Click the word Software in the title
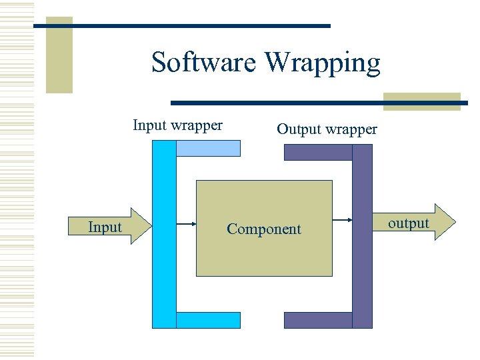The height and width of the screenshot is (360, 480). [205, 62]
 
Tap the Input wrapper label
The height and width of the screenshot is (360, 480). [177, 125]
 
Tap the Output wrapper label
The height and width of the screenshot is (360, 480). [327, 129]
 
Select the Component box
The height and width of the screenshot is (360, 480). [264, 200]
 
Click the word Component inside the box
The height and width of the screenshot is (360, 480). [264, 229]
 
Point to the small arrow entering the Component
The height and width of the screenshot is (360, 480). [186, 225]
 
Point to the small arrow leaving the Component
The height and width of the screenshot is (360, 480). [342, 220]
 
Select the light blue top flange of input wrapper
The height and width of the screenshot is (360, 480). [208, 148]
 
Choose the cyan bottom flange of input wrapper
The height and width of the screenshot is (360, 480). [208, 320]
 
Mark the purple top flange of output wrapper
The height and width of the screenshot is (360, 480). [318, 152]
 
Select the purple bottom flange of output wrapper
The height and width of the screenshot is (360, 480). [318, 320]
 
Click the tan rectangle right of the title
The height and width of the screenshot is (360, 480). [421, 101]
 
